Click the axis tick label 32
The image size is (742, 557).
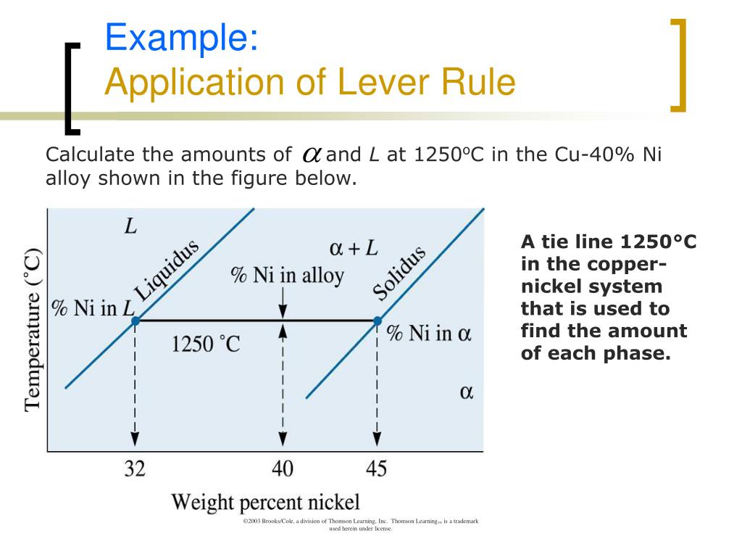click(134, 469)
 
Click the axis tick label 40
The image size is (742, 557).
click(283, 469)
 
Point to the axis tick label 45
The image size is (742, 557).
click(376, 469)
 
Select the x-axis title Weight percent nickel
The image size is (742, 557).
click(265, 502)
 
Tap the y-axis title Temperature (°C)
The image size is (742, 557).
click(33, 330)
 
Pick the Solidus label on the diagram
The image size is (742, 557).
click(399, 273)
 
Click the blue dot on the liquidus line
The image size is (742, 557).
click(135, 320)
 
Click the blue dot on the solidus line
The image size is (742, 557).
click(377, 320)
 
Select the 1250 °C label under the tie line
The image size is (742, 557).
click(206, 343)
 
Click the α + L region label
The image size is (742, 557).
click(353, 248)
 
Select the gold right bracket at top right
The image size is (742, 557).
click(678, 65)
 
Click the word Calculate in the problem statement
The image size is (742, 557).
click(92, 154)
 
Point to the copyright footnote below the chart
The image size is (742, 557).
click(361, 525)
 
